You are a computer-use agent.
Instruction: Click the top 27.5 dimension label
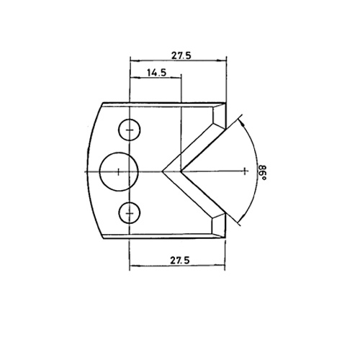click(x=181, y=55)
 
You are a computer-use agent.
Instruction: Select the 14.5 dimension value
click(x=157, y=72)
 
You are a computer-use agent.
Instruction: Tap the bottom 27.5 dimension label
click(x=180, y=260)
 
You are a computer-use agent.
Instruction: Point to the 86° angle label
click(x=262, y=173)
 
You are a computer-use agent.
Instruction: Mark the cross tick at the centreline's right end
click(x=244, y=171)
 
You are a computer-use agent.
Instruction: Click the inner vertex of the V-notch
click(x=181, y=171)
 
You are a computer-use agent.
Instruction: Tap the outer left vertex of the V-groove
click(x=163, y=171)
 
